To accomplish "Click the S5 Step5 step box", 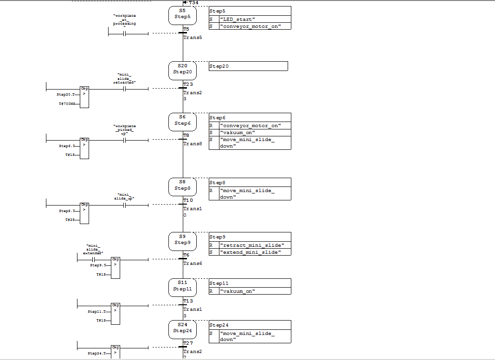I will tap(182, 14).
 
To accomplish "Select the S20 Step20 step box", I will tap(182, 70).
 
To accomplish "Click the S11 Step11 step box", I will tap(182, 286).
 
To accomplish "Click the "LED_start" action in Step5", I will tap(238, 19).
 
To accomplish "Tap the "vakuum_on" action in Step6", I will tap(238, 133).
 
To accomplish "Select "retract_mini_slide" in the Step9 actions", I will tap(252, 245).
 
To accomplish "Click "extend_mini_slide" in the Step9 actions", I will tap(251, 252).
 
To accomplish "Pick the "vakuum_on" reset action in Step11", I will tap(238, 291).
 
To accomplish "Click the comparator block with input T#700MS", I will tap(84, 96).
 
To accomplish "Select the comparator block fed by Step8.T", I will tap(84, 212).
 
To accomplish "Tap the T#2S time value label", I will tap(70, 219).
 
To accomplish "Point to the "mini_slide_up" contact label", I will tap(124, 196).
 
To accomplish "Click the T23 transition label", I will tap(188, 84).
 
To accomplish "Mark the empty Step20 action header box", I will tap(248, 66).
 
